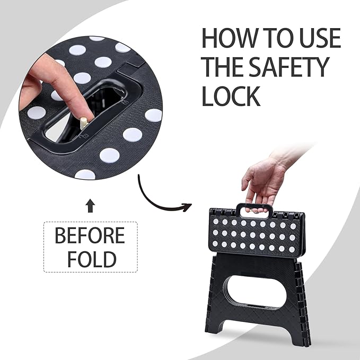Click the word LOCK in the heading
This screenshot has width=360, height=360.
tap(231, 96)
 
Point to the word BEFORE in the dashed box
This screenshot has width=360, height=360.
tap(90, 236)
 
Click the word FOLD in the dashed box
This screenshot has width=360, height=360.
tap(90, 259)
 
